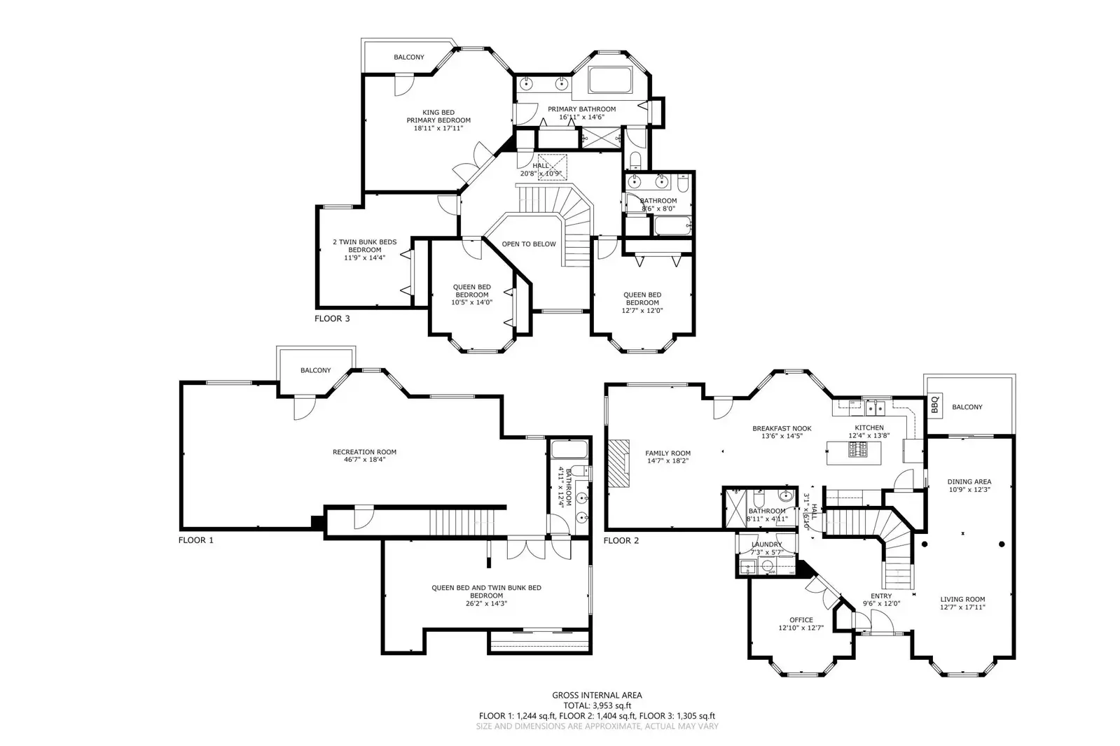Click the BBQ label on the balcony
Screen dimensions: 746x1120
point(934,405)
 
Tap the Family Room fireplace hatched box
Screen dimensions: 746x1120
point(618,463)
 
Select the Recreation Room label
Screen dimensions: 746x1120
point(364,452)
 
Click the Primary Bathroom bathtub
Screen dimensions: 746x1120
point(610,80)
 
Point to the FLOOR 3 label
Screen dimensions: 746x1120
point(332,318)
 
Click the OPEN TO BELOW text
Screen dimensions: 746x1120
point(529,244)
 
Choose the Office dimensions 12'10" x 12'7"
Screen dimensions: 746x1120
point(801,628)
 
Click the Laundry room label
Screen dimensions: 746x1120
point(766,544)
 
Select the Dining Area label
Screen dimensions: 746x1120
point(969,481)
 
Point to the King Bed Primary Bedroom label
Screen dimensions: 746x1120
point(438,116)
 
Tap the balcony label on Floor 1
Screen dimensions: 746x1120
point(315,370)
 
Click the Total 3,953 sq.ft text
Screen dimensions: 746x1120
point(596,705)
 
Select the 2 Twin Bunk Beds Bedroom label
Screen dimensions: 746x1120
point(364,246)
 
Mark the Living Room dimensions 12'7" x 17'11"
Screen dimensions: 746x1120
point(962,607)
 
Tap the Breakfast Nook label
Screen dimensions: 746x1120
point(782,428)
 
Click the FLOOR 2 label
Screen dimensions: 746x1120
point(621,540)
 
